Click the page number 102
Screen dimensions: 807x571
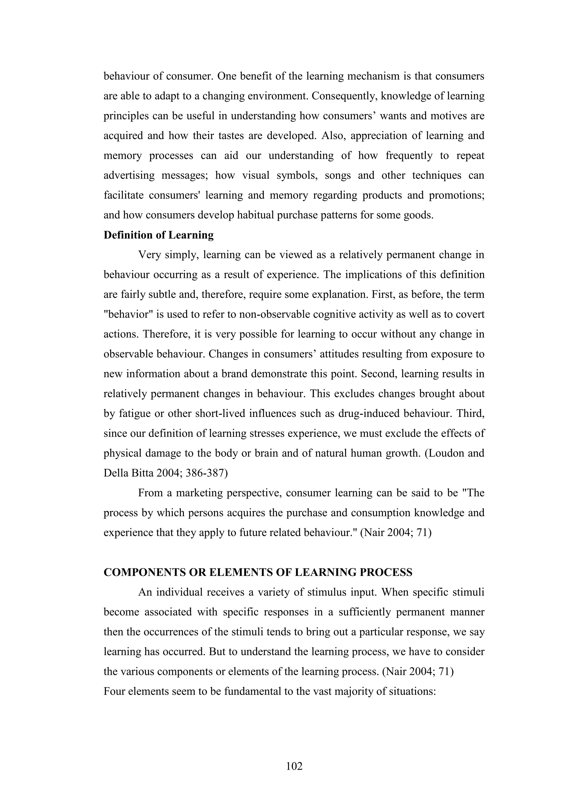coord(294,766)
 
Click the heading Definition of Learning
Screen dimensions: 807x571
coord(159,235)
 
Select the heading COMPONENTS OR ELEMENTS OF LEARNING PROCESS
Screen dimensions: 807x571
coord(258,573)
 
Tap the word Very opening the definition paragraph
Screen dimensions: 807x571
coord(150,255)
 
